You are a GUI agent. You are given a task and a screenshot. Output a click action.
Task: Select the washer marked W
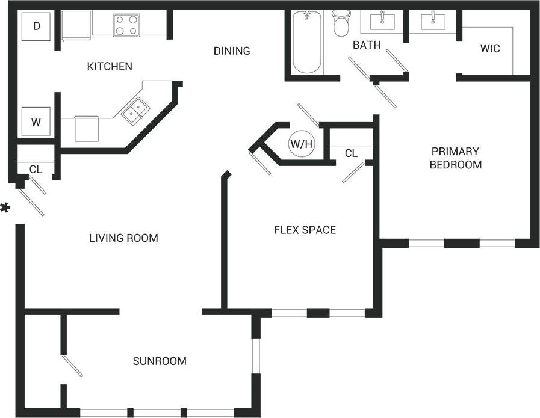click(36, 122)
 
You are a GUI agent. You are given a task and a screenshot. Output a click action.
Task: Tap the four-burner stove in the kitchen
click(126, 25)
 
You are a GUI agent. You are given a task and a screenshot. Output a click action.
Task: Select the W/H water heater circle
click(302, 144)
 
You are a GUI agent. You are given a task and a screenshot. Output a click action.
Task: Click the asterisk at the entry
click(5, 209)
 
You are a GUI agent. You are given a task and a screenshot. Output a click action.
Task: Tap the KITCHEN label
click(110, 66)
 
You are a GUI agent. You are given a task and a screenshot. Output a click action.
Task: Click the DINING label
click(232, 51)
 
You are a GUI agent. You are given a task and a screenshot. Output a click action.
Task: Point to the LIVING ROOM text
click(123, 238)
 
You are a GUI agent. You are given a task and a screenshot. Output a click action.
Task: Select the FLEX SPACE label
click(305, 230)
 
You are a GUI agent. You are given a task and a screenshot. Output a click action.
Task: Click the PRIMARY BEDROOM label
click(455, 158)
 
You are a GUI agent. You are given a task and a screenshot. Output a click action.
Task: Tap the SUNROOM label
click(160, 361)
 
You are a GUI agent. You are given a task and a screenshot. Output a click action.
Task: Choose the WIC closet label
click(490, 49)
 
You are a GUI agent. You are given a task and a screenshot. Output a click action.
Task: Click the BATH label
click(367, 45)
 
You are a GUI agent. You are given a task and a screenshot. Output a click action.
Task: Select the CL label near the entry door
click(36, 170)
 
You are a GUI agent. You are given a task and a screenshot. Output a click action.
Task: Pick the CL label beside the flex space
click(351, 154)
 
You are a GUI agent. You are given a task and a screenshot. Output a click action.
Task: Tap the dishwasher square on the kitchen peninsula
click(87, 128)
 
